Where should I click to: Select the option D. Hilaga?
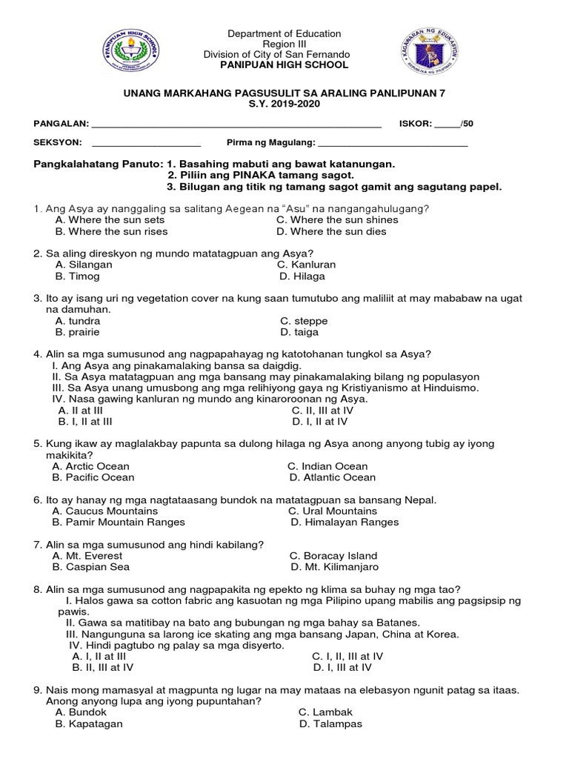click(x=302, y=276)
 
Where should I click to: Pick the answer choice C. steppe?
click(x=304, y=321)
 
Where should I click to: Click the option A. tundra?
click(x=78, y=321)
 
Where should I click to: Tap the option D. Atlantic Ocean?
click(x=333, y=477)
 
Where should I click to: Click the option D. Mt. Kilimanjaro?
click(x=334, y=567)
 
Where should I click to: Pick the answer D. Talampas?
click(x=330, y=723)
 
